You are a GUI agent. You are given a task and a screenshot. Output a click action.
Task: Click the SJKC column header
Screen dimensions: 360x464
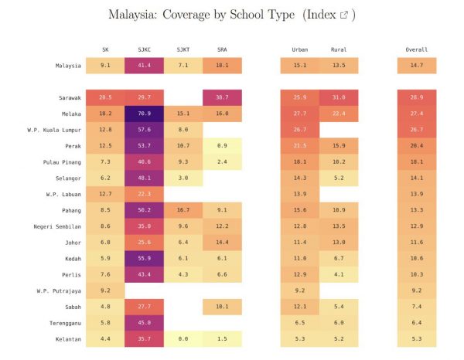tap(144, 49)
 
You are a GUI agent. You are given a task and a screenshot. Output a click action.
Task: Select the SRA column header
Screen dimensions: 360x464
tap(221, 49)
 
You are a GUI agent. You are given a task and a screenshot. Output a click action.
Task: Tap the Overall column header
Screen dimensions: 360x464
tap(417, 49)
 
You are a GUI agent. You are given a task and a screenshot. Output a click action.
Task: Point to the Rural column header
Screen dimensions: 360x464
tap(339, 49)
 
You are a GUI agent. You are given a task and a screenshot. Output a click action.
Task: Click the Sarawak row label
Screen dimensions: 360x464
tap(70, 97)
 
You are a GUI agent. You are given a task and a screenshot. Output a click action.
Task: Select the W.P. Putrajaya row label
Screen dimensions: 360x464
tap(59, 290)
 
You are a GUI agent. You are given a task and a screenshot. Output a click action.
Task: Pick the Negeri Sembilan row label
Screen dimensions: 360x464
tap(56, 226)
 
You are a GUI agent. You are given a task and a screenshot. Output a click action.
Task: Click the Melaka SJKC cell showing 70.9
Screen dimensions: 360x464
tap(144, 114)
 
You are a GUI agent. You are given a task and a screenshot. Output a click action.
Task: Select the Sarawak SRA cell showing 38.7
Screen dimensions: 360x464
tap(221, 97)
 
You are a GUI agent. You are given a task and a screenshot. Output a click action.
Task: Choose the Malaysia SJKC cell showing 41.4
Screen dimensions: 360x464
tap(144, 66)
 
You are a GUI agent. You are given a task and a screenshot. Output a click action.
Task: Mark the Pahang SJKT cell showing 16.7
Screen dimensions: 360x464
tap(183, 210)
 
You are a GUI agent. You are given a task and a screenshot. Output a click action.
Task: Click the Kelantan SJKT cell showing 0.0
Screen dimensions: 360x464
tap(183, 339)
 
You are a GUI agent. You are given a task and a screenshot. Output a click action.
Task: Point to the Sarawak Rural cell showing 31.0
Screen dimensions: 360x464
tap(339, 97)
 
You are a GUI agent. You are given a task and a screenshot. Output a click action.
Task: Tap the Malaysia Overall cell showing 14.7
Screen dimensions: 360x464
tap(417, 66)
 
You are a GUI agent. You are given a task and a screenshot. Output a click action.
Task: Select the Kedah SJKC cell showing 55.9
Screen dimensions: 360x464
tap(144, 258)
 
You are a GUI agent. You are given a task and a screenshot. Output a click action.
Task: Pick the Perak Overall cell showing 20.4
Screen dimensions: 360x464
tap(417, 146)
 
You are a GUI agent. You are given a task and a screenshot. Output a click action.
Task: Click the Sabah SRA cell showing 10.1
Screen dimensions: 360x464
tap(221, 307)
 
